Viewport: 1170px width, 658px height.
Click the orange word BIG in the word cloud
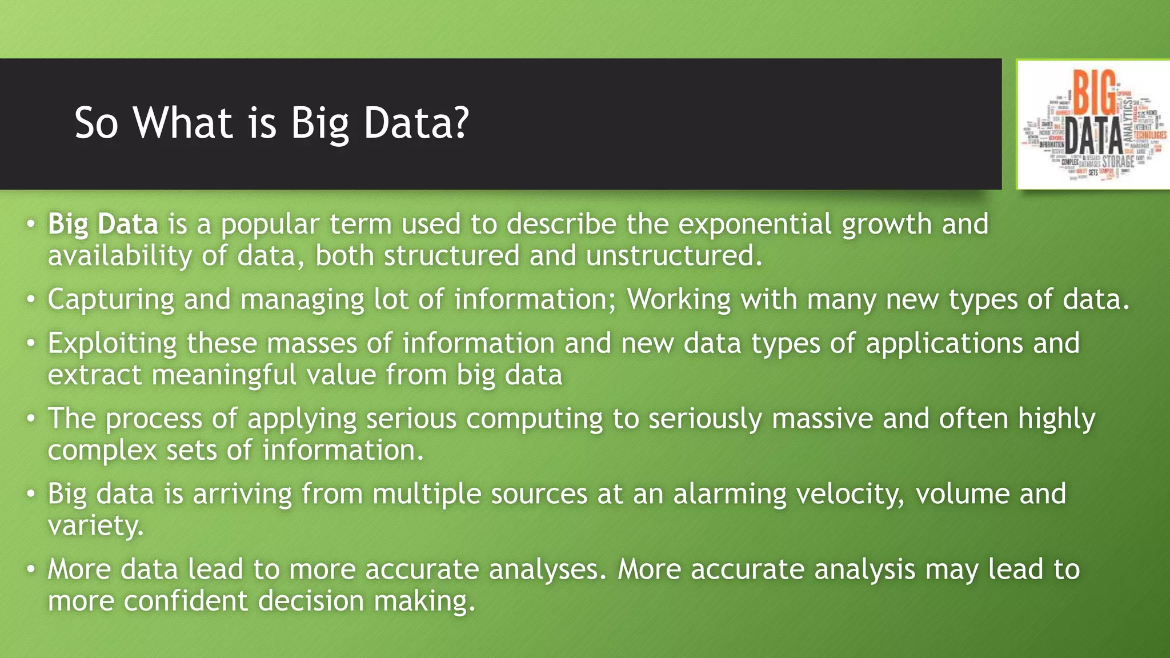point(1094,93)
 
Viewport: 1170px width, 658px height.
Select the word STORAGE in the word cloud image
point(1118,162)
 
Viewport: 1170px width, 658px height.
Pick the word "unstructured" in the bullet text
point(674,255)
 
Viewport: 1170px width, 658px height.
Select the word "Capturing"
point(110,300)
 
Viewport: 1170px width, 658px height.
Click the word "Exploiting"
point(112,344)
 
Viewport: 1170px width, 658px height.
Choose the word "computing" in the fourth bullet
point(534,419)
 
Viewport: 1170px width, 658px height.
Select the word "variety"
point(95,525)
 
